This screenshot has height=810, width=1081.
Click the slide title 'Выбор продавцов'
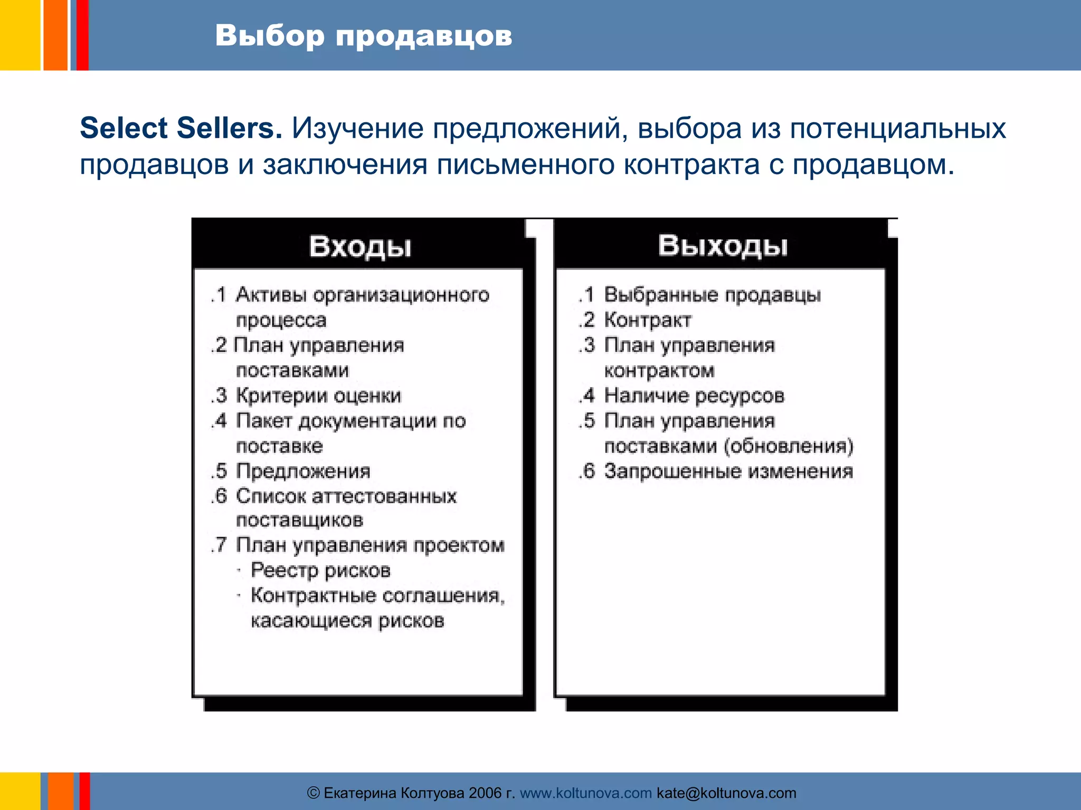(363, 36)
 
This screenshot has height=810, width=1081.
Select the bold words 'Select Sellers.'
(181, 128)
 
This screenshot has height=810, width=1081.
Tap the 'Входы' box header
(360, 246)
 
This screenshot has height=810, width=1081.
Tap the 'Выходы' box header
(723, 245)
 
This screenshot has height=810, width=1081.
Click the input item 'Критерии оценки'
(318, 396)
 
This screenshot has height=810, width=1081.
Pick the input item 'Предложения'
(303, 471)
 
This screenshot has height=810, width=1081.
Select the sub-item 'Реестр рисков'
(320, 570)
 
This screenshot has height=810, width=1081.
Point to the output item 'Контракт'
(647, 320)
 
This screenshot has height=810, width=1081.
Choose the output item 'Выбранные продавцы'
(712, 295)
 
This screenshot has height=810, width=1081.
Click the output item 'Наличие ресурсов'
(694, 396)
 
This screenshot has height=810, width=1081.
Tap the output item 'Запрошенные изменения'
(728, 471)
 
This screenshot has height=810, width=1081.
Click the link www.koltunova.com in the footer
(586, 793)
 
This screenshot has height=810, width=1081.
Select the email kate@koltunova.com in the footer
(726, 793)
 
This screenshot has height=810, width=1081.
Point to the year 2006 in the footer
(485, 793)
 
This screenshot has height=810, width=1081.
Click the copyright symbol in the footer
(314, 793)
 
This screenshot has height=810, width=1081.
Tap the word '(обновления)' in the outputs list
(789, 446)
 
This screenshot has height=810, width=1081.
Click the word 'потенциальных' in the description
(898, 128)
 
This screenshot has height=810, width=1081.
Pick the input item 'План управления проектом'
(370, 545)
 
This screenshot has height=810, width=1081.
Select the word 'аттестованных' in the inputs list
(384, 496)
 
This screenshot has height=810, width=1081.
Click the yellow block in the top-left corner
(20, 35)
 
